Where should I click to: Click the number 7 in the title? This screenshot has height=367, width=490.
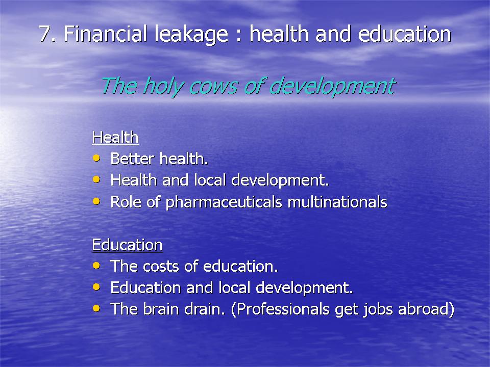45,34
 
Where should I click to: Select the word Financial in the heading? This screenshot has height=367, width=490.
105,34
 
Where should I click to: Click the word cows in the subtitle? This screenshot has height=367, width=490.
213,87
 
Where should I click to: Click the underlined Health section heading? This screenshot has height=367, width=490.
115,137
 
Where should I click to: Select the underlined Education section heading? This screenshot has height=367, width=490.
127,245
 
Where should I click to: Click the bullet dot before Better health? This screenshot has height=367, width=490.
96,158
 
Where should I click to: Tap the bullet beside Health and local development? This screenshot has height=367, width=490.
96,180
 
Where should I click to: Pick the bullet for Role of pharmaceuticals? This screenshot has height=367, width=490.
96,201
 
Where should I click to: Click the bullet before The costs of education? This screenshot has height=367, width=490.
96,266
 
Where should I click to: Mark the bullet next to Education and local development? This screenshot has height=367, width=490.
96,287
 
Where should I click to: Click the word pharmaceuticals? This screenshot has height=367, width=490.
224,202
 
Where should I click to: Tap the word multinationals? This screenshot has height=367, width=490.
337,202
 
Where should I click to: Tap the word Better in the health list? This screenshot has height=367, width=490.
132,159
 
